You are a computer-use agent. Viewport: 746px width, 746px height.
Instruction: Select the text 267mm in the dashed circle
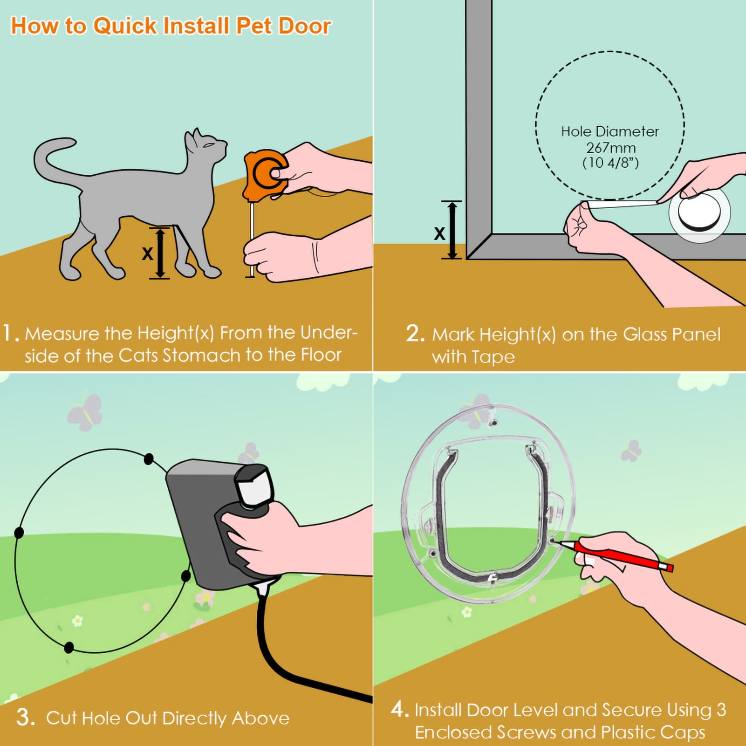610,148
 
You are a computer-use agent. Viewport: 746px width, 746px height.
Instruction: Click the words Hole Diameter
609,132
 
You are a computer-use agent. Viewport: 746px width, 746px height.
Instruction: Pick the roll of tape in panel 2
699,214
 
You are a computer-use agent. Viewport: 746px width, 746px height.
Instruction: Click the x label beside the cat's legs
147,253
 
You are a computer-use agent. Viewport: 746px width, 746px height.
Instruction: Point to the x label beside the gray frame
439,233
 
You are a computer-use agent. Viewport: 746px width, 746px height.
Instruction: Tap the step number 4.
398,709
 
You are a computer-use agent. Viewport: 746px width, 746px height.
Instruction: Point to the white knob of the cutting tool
254,486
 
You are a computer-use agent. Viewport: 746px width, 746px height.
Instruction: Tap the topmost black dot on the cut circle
149,459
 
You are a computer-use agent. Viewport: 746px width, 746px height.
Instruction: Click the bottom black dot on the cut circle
68,647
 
